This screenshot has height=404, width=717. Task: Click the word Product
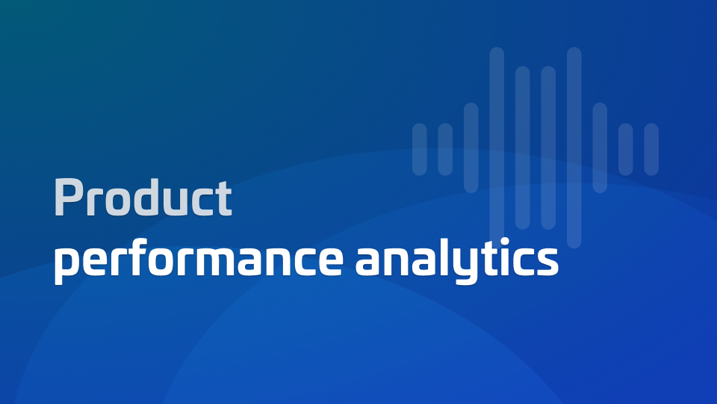pos(143,198)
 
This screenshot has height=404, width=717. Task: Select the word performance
pos(199,260)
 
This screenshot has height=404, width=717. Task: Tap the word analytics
pos(457,260)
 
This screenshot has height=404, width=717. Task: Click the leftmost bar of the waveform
pos(419,150)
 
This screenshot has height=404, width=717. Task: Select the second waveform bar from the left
pos(445,150)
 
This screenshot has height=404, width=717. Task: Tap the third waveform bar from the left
pos(471,147)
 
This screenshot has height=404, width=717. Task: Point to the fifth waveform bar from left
pos(523,147)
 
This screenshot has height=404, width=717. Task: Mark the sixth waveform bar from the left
pos(548,147)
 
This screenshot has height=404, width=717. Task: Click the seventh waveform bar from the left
pos(574,147)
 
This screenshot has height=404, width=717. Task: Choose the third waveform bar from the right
pos(600,147)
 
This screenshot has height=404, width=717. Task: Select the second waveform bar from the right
pos(626,150)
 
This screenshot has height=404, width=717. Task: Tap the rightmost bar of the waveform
pos(651,150)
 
